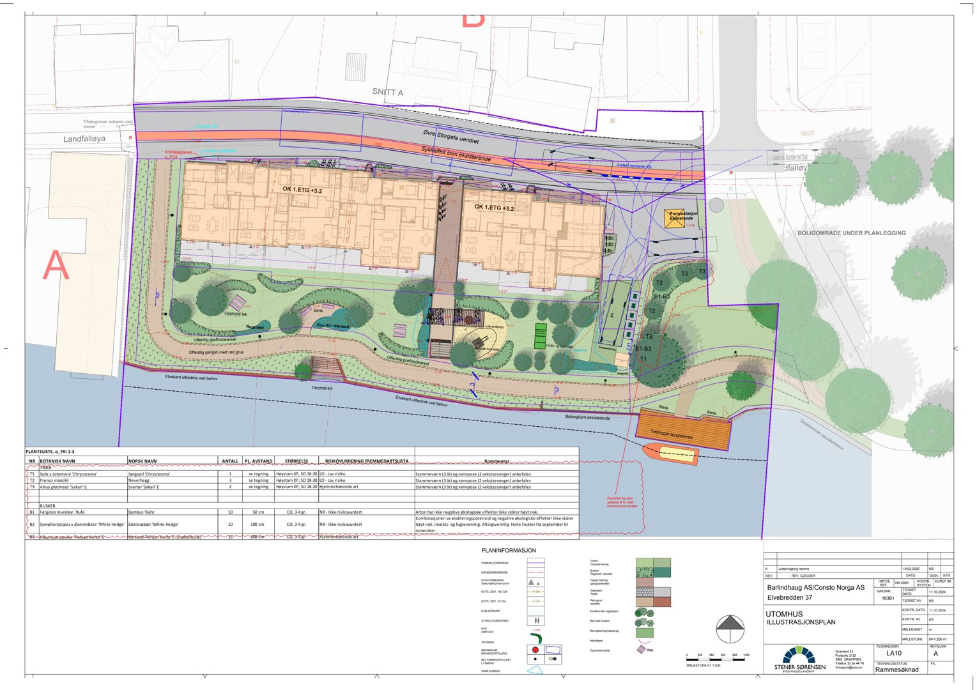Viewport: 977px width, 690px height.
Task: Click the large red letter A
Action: [x=56, y=265]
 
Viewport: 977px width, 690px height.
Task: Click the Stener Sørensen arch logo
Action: [x=799, y=656]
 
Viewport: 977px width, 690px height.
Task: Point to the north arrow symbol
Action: [x=730, y=629]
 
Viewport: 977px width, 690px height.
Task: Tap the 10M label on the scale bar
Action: [x=746, y=655]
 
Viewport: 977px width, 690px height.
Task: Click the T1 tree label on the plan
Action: [x=643, y=359]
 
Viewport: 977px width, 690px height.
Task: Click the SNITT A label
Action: [x=388, y=92]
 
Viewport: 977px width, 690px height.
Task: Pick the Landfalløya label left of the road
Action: [x=84, y=139]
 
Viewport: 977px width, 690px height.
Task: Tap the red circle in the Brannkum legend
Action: [x=535, y=650]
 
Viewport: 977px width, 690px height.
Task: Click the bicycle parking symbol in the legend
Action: [x=537, y=620]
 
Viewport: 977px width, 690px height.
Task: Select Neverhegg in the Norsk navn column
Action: [x=139, y=480]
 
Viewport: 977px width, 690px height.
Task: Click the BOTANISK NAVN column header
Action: [x=58, y=461]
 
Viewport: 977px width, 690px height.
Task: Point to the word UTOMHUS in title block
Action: [x=784, y=614]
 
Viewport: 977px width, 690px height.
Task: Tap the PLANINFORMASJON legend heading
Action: [x=509, y=550]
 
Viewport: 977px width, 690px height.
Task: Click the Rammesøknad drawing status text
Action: [x=896, y=670]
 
